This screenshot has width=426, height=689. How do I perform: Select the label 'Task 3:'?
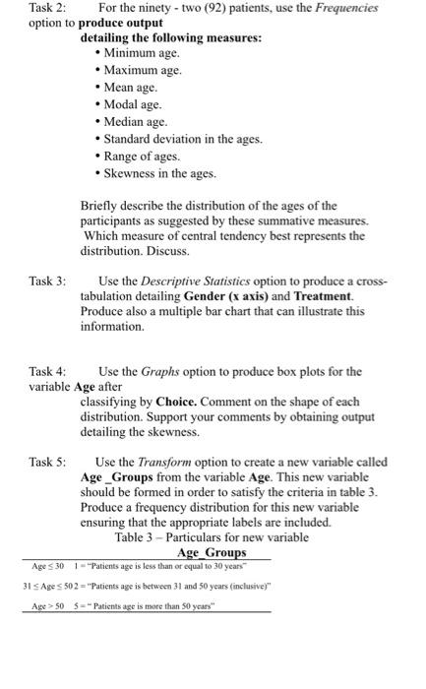tap(46, 282)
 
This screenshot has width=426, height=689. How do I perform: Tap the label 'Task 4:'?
tap(46, 372)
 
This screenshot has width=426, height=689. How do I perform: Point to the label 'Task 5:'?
tap(46, 462)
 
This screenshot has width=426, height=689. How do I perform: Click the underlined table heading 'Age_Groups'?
tap(211, 554)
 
